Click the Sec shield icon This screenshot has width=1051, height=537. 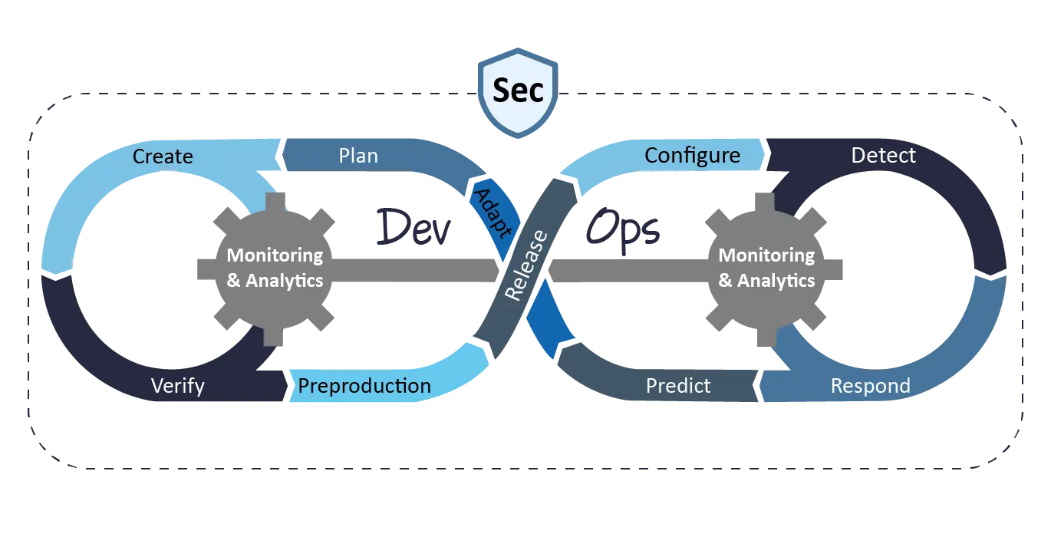(x=519, y=91)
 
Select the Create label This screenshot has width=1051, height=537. (x=163, y=156)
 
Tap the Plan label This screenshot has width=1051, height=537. (x=358, y=156)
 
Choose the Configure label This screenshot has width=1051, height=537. (x=692, y=156)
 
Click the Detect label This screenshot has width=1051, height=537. (x=883, y=156)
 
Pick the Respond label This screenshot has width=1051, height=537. (x=871, y=385)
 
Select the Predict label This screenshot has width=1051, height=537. (x=678, y=385)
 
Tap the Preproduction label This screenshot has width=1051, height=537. (x=364, y=385)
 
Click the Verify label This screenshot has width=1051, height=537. (x=178, y=385)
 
